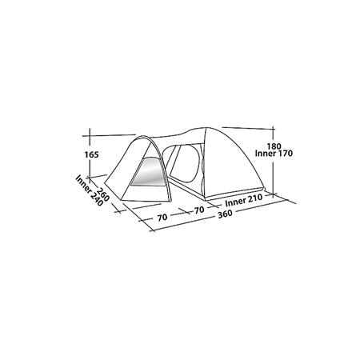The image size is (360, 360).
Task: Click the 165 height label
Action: (x=91, y=154)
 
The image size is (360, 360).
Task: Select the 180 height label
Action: (x=274, y=146)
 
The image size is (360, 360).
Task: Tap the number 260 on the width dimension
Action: (x=103, y=195)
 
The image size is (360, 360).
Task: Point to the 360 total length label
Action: (x=225, y=214)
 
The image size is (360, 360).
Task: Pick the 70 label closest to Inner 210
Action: (x=199, y=210)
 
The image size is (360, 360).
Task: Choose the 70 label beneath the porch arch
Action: (x=162, y=218)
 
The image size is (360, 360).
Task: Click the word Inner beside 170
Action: (x=264, y=154)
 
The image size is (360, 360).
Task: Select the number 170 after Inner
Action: (x=284, y=154)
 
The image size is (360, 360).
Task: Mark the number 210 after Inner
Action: (x=255, y=198)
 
